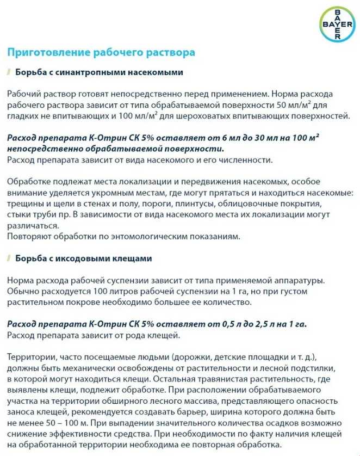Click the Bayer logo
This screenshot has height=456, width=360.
(x=336, y=25)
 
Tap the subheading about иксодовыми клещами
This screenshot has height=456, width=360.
(x=84, y=258)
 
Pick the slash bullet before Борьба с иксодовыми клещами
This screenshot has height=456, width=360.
(x=9, y=258)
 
